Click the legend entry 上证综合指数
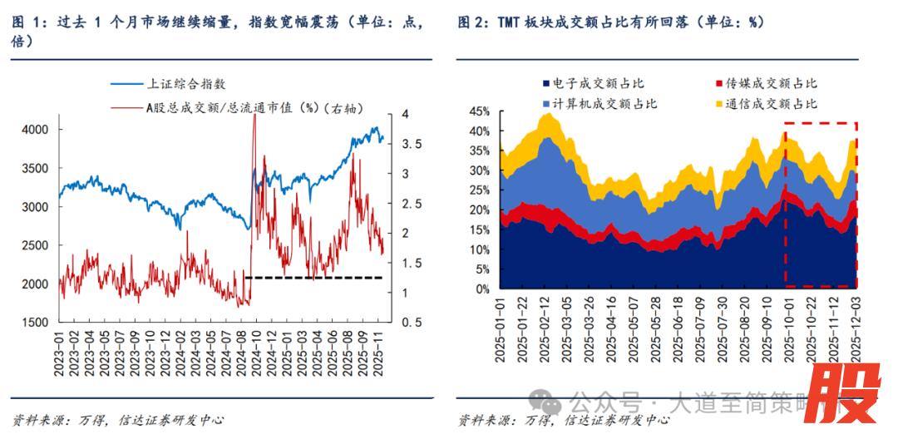(186, 84)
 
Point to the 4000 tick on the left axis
(36, 130)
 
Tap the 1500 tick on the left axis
(36, 323)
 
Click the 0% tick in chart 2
(486, 289)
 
